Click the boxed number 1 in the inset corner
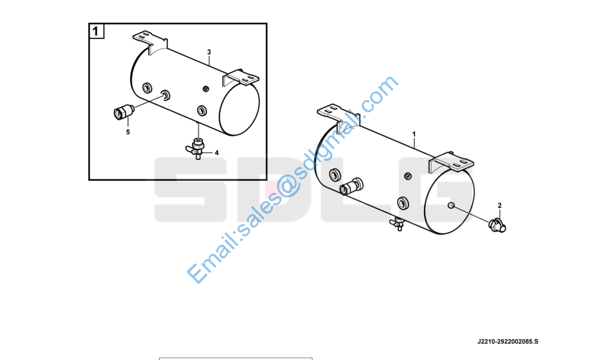tap(96, 31)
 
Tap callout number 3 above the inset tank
tap(209, 52)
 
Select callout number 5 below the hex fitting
tap(128, 132)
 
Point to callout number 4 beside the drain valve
tap(217, 153)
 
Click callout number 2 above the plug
tap(500, 206)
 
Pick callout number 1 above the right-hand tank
tap(414, 134)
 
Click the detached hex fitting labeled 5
tap(123, 112)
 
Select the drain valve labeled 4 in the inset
tap(196, 148)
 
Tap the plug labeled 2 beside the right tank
tap(497, 225)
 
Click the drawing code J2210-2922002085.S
tap(507, 341)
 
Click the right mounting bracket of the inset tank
tap(241, 78)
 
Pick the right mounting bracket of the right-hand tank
tap(451, 162)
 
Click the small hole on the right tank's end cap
tap(452, 206)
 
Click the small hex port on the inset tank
tap(206, 89)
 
